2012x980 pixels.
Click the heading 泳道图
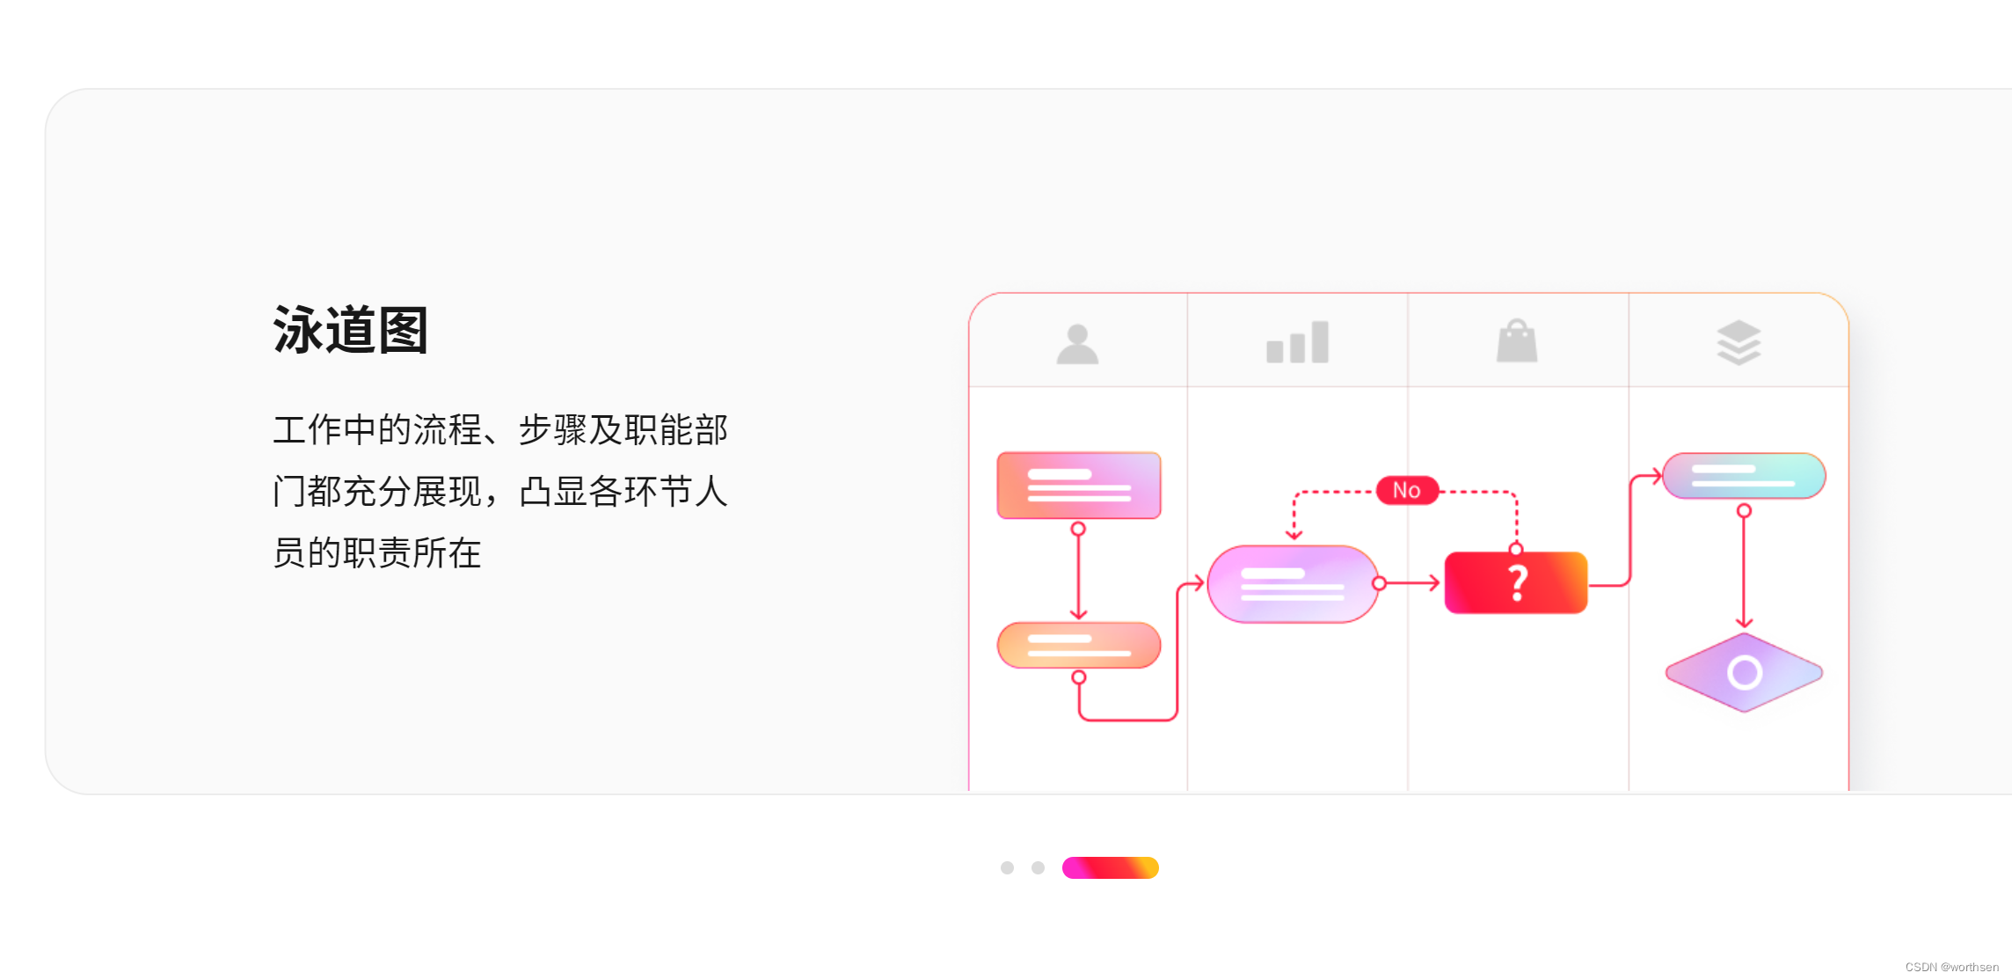pyautogui.click(x=350, y=331)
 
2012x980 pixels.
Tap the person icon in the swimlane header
pyautogui.click(x=1077, y=344)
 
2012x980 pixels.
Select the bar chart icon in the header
pyautogui.click(x=1297, y=342)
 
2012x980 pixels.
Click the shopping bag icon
pyautogui.click(x=1517, y=341)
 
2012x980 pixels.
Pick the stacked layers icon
pyautogui.click(x=1739, y=342)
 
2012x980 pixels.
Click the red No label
pyautogui.click(x=1407, y=490)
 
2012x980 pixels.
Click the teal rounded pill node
pyautogui.click(x=1744, y=476)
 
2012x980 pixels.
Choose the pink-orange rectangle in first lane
pyautogui.click(x=1079, y=486)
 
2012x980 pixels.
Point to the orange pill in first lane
pyautogui.click(x=1079, y=645)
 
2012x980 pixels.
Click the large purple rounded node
pyautogui.click(x=1293, y=584)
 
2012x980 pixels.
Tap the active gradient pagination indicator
pyautogui.click(x=1110, y=867)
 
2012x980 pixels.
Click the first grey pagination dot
pyautogui.click(x=1007, y=867)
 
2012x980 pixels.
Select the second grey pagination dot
pyautogui.click(x=1038, y=867)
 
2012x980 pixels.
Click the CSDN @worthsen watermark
pyautogui.click(x=1951, y=967)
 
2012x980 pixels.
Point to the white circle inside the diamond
pyautogui.click(x=1745, y=673)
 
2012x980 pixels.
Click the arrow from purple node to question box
pyautogui.click(x=1412, y=583)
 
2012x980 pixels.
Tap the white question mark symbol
pyautogui.click(x=1518, y=582)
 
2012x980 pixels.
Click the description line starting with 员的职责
pyautogui.click(x=376, y=552)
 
